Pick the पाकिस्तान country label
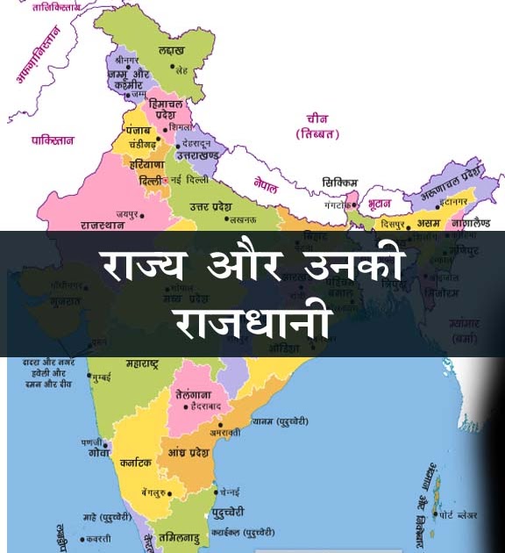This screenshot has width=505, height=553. click(x=53, y=140)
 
